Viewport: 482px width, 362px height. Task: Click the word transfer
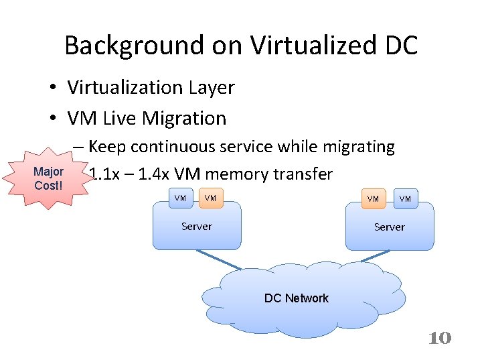(305, 174)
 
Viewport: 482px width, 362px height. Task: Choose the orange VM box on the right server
(373, 198)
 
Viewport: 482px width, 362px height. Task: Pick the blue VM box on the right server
(405, 198)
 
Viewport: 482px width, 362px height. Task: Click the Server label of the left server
(197, 227)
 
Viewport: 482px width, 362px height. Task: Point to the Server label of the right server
(390, 227)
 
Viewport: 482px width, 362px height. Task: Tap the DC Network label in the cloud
(297, 298)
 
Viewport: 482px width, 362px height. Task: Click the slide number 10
(440, 338)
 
